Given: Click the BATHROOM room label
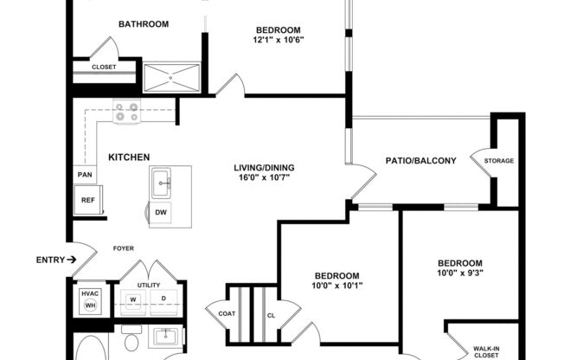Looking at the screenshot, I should (144, 24).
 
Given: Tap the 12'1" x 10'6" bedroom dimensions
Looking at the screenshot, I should (279, 40).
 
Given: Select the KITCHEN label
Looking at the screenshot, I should (129, 157).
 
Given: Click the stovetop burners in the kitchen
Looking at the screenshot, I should (127, 112).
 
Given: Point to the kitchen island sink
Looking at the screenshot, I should (162, 183).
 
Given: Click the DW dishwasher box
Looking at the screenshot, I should (161, 212).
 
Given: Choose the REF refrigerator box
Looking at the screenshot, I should (87, 200).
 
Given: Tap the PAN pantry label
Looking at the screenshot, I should (85, 175).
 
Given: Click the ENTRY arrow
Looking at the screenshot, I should (73, 259).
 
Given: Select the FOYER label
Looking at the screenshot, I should (124, 248).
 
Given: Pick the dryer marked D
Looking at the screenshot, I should (163, 300).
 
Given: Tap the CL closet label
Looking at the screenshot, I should (270, 315).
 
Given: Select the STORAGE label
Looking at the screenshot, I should (498, 161).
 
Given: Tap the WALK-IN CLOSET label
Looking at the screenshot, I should (484, 352).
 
